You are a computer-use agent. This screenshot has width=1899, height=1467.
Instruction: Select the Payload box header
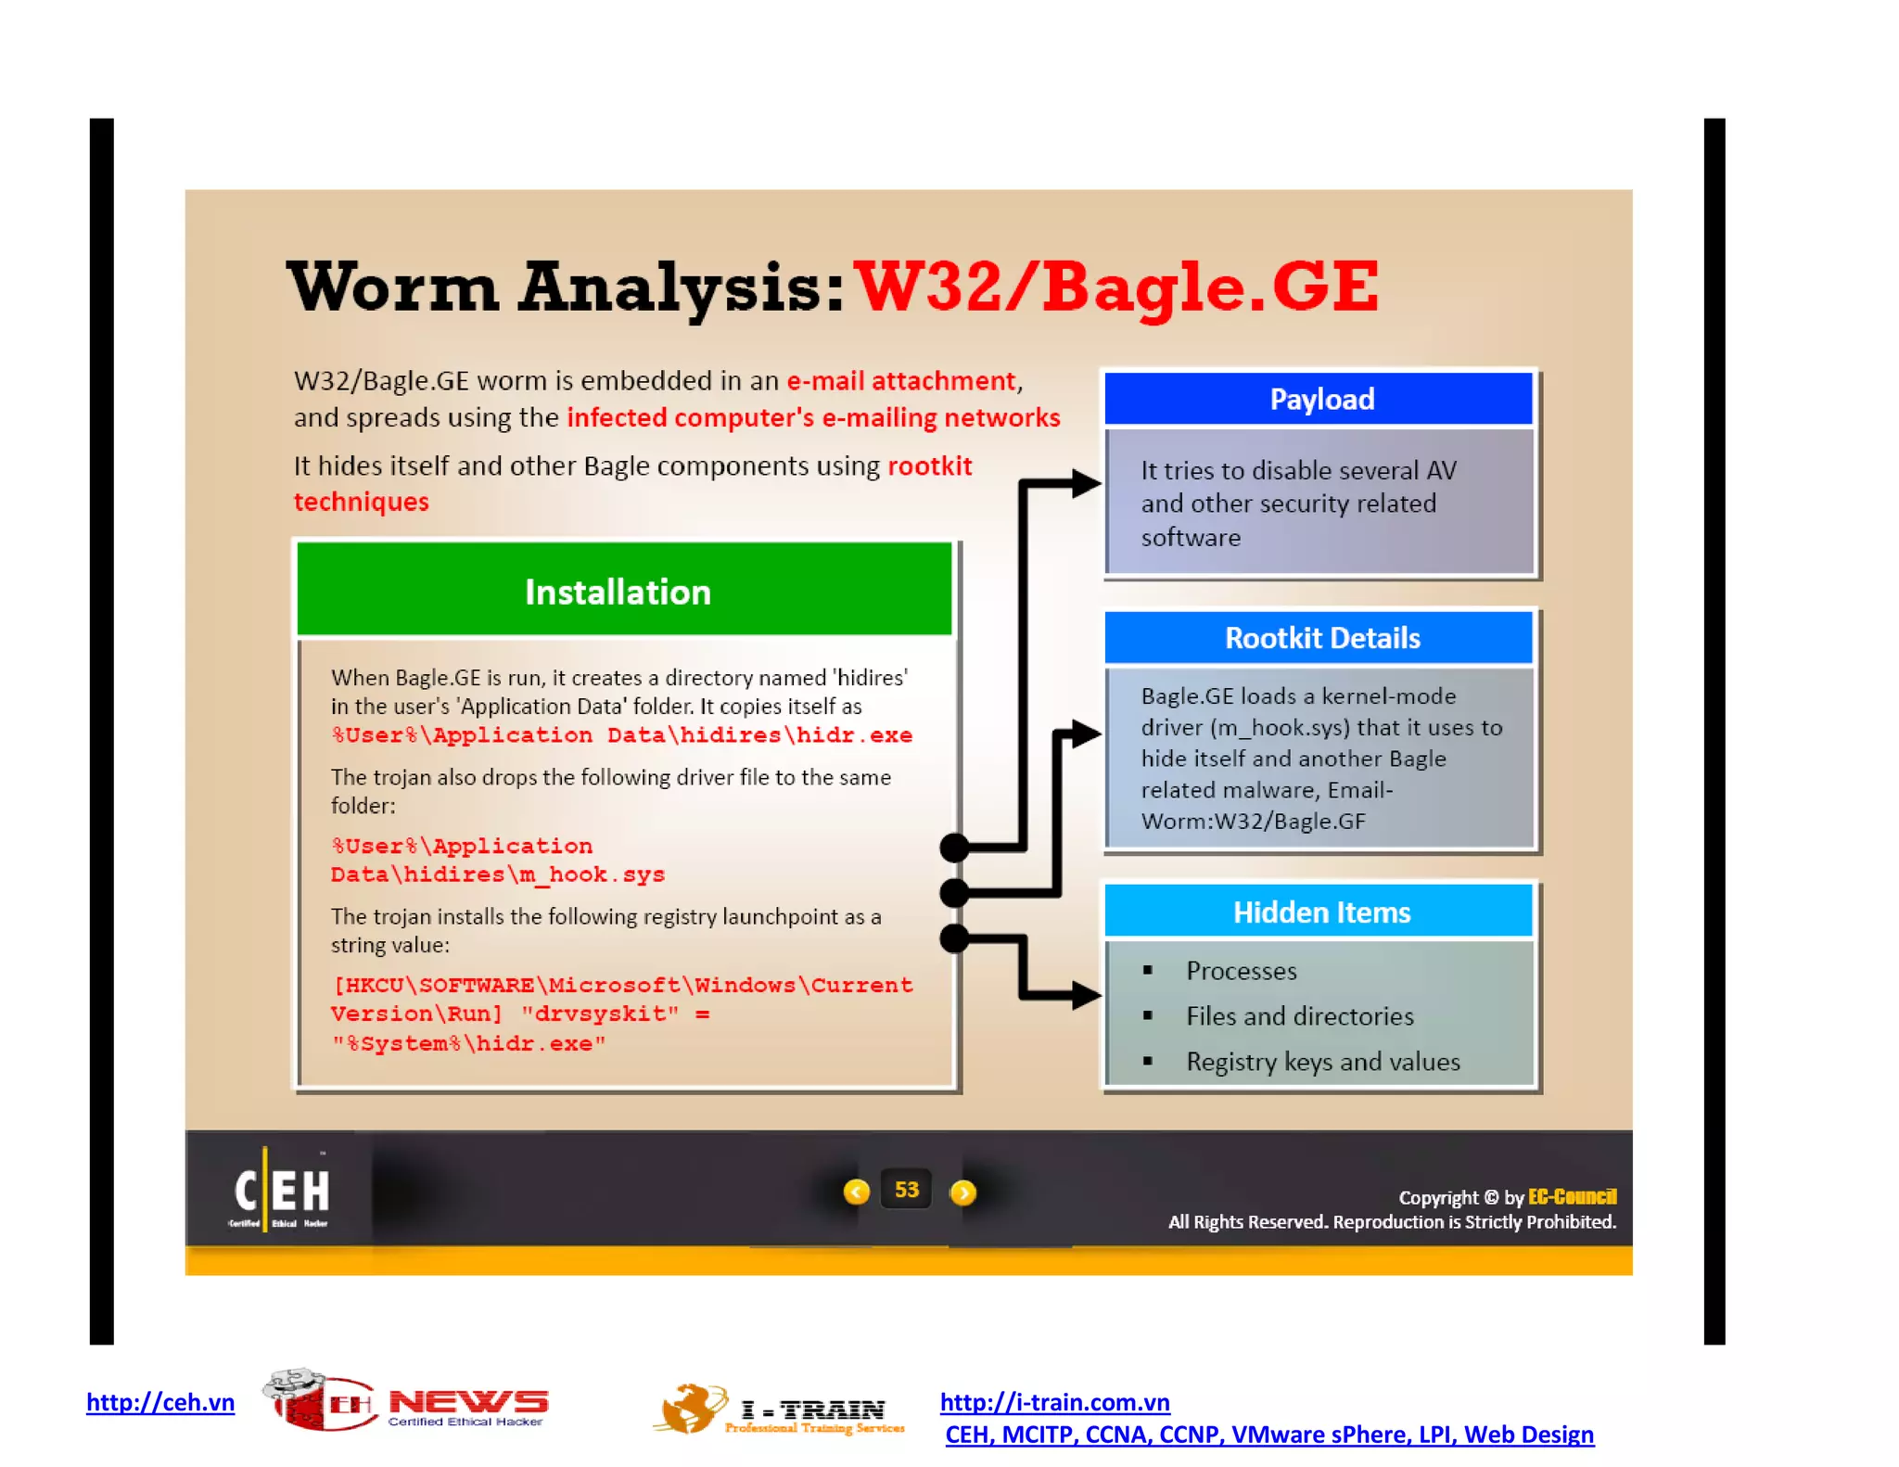click(1320, 400)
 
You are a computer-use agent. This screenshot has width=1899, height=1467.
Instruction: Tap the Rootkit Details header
click(1320, 638)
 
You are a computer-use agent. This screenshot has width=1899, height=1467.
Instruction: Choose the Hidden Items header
click(1320, 912)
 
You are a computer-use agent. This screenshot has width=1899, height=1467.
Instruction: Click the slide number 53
click(906, 1190)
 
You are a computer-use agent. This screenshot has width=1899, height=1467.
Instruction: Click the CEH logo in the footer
click(280, 1192)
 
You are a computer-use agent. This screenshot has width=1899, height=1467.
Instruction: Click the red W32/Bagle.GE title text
click(1115, 287)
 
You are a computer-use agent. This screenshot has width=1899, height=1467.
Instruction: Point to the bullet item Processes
click(1241, 971)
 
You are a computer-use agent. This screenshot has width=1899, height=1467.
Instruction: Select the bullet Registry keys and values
click(1322, 1062)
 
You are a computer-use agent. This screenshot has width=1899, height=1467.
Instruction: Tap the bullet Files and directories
click(1299, 1016)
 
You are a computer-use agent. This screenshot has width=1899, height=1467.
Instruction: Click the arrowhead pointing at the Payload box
click(1084, 483)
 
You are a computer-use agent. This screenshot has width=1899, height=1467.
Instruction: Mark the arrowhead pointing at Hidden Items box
click(1084, 996)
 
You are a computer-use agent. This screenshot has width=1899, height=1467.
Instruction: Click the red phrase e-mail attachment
click(901, 381)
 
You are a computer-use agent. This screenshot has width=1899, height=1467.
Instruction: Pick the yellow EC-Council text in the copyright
click(1572, 1196)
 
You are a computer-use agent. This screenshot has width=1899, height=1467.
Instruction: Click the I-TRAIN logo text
click(812, 1410)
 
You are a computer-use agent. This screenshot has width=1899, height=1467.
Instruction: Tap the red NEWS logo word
click(468, 1401)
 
